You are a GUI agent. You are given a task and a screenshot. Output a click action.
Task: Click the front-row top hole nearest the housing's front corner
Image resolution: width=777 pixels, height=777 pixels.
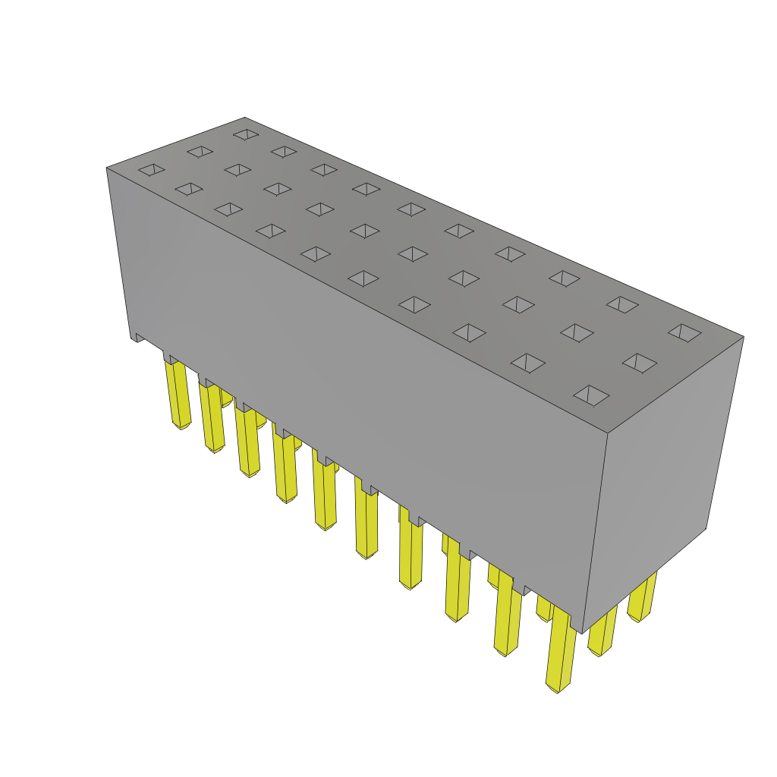point(591,395)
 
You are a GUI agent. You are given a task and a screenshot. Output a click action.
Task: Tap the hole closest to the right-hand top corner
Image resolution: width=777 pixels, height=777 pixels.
point(684,332)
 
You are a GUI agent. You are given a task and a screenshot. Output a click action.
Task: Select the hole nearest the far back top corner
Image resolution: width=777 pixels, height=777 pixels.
point(246,134)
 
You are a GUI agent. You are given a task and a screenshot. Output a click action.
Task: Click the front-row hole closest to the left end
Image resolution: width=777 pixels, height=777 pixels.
point(152,169)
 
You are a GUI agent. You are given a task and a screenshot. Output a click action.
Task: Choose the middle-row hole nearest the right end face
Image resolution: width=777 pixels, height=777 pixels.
point(640,363)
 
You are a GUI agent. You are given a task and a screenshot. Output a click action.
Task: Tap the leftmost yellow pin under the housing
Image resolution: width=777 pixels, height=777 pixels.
point(179,395)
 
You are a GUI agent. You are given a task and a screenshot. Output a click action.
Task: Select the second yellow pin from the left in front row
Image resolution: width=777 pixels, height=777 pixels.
point(212,417)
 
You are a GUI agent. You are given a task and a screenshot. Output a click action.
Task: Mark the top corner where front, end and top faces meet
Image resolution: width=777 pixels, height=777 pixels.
point(607,433)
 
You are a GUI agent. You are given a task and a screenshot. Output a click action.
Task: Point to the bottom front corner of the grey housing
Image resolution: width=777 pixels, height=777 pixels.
point(581,632)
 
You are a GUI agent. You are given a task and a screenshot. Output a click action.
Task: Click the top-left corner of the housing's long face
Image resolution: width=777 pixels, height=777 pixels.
point(108,168)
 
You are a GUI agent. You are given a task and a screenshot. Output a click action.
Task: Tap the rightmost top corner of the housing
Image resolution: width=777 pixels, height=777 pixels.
point(743,338)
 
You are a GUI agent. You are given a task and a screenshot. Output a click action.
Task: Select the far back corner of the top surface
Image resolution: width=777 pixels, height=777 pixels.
point(244,118)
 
